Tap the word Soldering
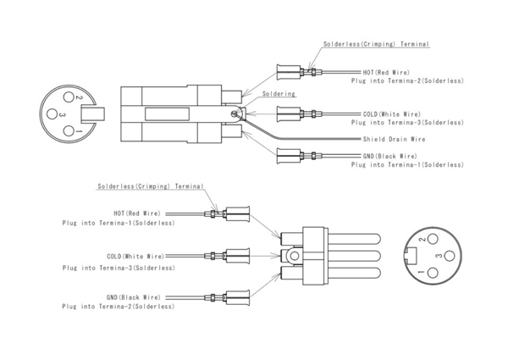279,94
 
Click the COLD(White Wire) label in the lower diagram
135,256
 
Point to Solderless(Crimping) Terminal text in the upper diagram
376,44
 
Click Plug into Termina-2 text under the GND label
119,305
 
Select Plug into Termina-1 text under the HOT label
119,223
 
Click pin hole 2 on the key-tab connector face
77,99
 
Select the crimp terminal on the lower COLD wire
235,254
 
